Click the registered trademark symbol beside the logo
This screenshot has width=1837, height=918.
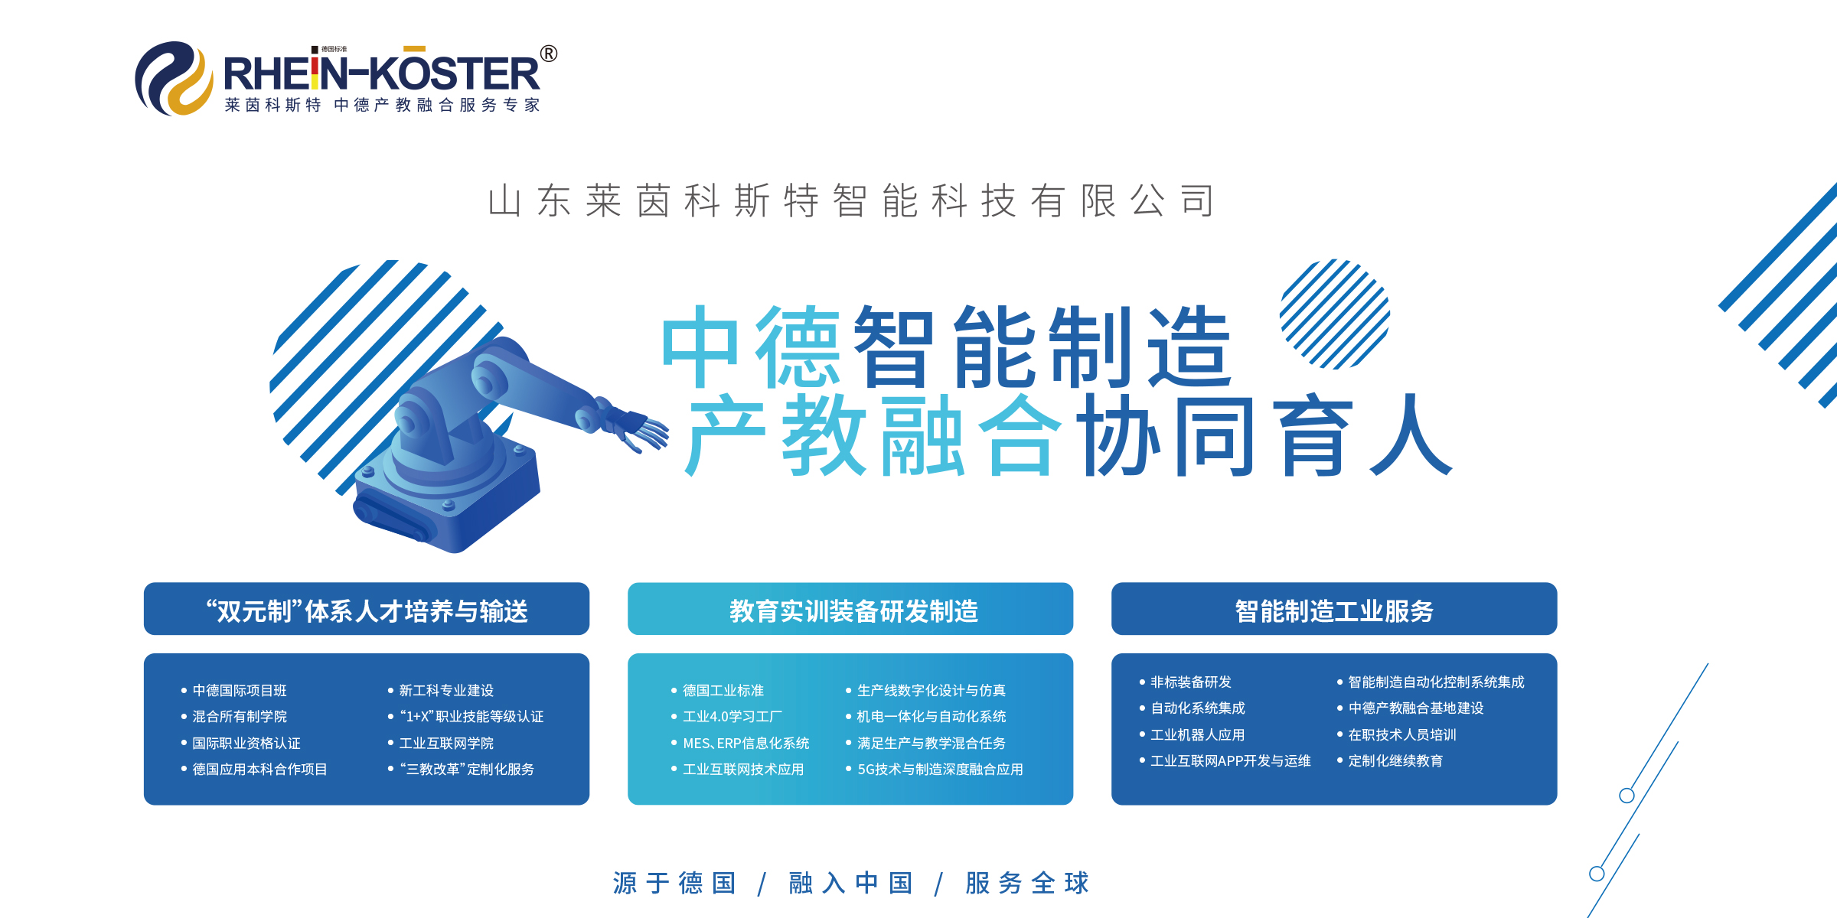tap(549, 54)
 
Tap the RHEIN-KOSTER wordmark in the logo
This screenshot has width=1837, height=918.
tap(381, 73)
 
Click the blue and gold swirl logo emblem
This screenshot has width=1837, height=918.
tap(175, 78)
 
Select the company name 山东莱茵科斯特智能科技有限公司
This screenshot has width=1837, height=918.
tap(851, 201)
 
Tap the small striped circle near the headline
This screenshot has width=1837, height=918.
tap(1335, 314)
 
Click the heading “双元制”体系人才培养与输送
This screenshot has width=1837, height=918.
tap(367, 611)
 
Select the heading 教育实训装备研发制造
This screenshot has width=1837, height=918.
tap(853, 611)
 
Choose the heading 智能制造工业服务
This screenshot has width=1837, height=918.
tap(1334, 611)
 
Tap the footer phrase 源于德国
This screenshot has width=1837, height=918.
tap(674, 883)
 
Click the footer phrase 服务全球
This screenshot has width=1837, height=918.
tap(1027, 883)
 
